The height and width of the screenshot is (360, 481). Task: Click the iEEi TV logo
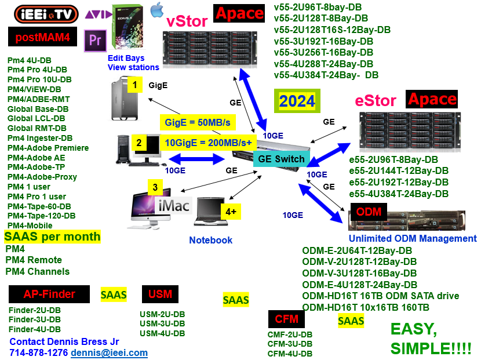(x=46, y=14)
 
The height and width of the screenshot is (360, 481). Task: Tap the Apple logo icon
(x=157, y=9)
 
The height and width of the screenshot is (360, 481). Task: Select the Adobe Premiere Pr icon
(x=95, y=41)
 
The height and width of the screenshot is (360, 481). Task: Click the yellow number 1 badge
(x=134, y=85)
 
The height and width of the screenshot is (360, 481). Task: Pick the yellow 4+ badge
(x=231, y=212)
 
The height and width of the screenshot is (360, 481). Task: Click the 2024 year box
(x=297, y=101)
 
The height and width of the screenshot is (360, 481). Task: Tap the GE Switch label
(x=281, y=159)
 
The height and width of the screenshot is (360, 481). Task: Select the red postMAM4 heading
(x=43, y=37)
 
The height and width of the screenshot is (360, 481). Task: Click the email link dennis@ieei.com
(x=109, y=352)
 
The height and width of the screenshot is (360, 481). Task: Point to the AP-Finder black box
(x=49, y=294)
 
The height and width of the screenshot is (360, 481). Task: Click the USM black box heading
(x=160, y=294)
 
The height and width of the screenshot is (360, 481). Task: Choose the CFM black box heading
(x=286, y=319)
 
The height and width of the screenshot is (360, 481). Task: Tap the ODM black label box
(x=369, y=212)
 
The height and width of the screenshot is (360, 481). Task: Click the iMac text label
(x=174, y=205)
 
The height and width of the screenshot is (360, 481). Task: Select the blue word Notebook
(x=211, y=240)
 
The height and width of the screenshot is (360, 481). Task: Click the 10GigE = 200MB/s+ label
(x=208, y=143)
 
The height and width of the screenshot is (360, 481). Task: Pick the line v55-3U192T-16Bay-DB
(x=323, y=41)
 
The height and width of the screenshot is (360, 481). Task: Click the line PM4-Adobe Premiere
(x=48, y=148)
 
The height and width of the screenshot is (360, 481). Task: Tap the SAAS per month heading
(x=53, y=237)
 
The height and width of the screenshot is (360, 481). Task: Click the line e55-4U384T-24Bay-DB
(x=399, y=194)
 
